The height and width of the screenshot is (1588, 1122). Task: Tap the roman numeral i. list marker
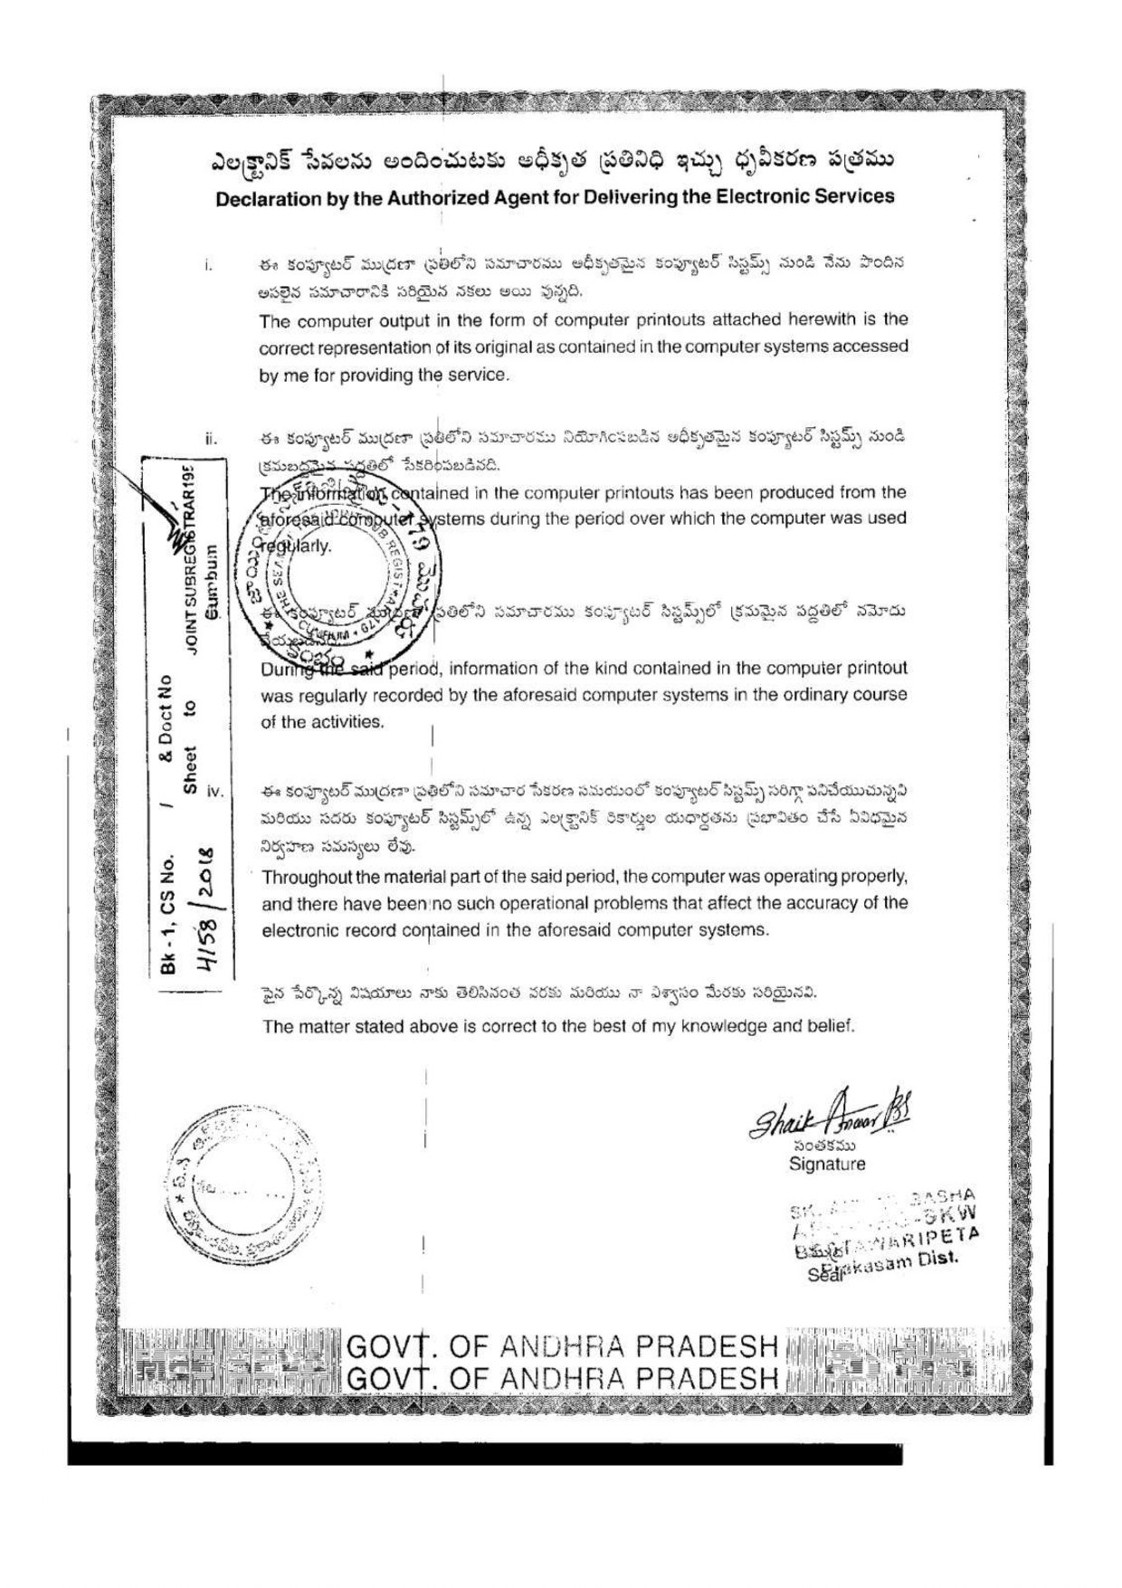point(208,266)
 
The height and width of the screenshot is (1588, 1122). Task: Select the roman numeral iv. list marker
point(214,791)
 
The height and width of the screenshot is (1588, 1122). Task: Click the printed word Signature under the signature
point(826,1165)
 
